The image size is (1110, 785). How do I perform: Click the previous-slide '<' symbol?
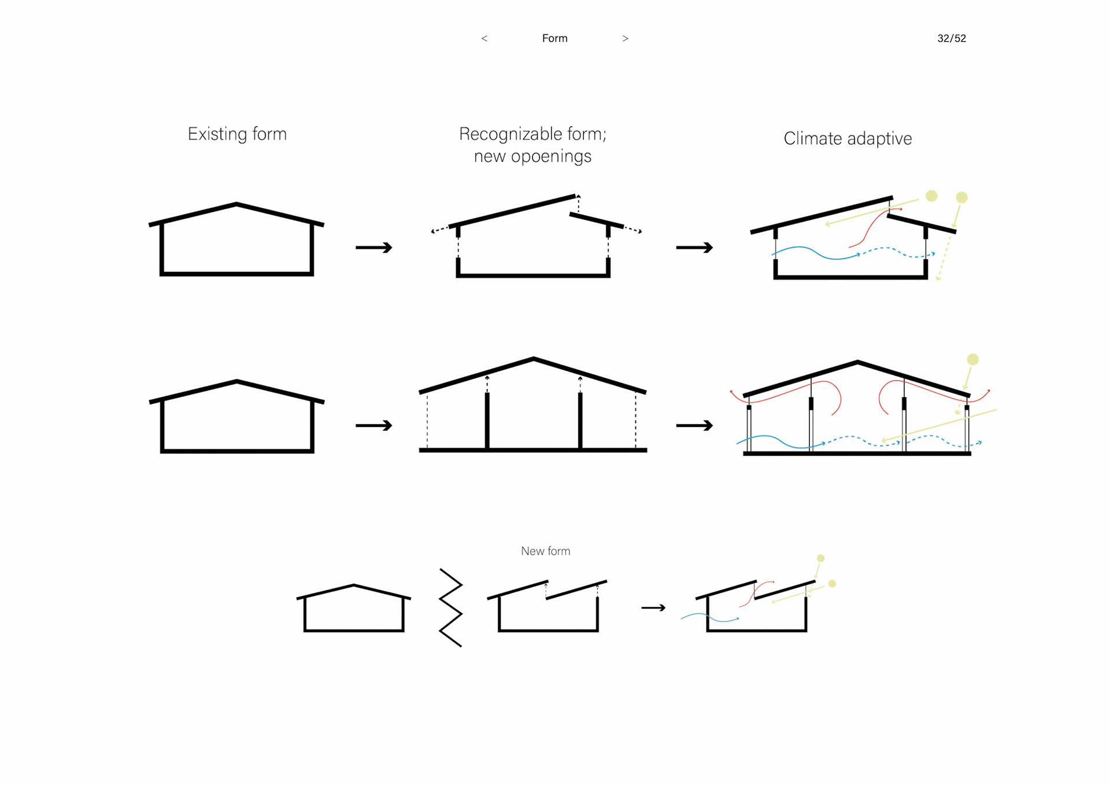484,39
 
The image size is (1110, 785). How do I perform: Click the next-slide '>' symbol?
625,39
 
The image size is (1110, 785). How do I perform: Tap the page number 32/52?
951,39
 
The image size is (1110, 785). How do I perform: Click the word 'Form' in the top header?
554,39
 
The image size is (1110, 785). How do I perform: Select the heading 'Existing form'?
237,134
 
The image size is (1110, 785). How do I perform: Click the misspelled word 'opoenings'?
551,157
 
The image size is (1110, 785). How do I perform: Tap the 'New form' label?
545,551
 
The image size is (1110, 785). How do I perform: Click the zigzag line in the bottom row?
451,607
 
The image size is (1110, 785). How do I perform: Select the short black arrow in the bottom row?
653,608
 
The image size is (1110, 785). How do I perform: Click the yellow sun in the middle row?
972,360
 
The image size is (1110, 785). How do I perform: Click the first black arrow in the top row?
373,248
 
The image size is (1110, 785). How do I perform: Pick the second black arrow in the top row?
694,248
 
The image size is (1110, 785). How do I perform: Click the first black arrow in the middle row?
373,426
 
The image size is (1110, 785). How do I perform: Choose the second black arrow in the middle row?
694,426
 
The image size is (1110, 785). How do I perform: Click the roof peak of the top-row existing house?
236,204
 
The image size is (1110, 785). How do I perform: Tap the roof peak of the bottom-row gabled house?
353,585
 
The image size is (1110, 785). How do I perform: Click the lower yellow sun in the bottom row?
832,584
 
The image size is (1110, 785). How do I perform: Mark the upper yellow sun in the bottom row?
820,558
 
